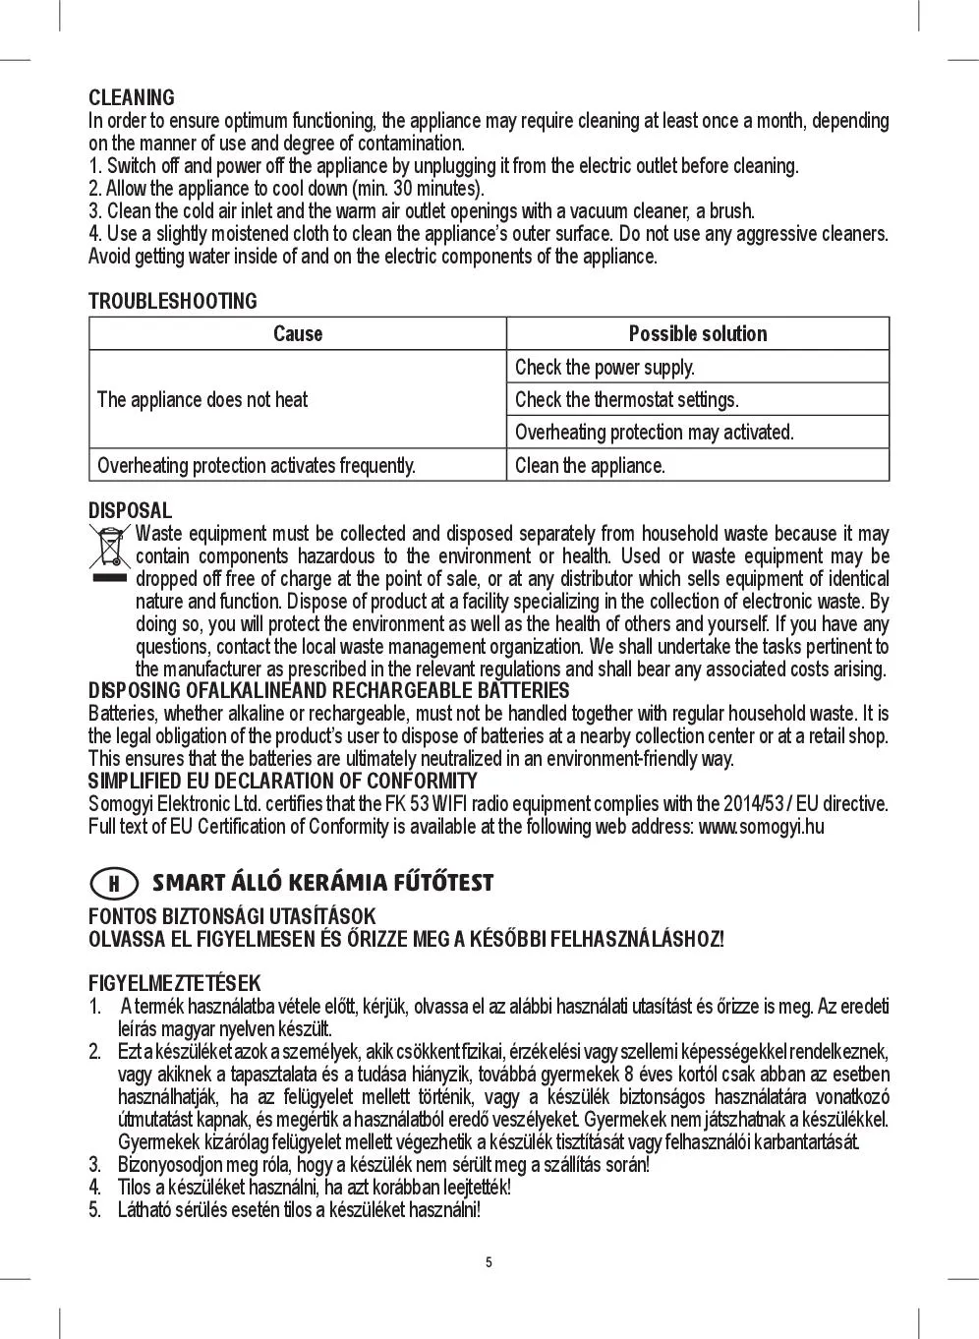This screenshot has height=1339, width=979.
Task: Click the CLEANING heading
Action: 132,97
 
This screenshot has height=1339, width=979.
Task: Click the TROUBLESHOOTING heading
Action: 173,301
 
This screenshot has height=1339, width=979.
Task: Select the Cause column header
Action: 298,334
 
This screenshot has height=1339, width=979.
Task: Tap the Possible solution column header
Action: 698,334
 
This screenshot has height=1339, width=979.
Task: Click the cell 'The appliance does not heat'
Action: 202,400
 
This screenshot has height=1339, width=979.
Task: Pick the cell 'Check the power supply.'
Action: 605,368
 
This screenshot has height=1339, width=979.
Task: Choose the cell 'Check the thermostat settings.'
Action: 626,400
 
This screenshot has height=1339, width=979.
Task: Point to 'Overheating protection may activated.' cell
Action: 654,433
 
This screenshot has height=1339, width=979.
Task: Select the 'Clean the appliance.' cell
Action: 590,466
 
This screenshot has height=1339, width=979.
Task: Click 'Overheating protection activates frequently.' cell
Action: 257,466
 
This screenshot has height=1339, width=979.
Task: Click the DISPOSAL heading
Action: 130,511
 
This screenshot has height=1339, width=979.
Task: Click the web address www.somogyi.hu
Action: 761,827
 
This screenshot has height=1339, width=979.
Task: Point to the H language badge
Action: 113,883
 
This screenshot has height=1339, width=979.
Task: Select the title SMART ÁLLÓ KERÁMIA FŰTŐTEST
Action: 322,883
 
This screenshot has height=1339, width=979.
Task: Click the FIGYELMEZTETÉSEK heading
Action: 175,983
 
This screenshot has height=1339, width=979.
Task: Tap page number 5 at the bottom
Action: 489,1262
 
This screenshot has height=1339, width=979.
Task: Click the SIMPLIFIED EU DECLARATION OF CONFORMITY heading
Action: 283,782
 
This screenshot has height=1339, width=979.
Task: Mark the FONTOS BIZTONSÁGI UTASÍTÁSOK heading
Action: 232,916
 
